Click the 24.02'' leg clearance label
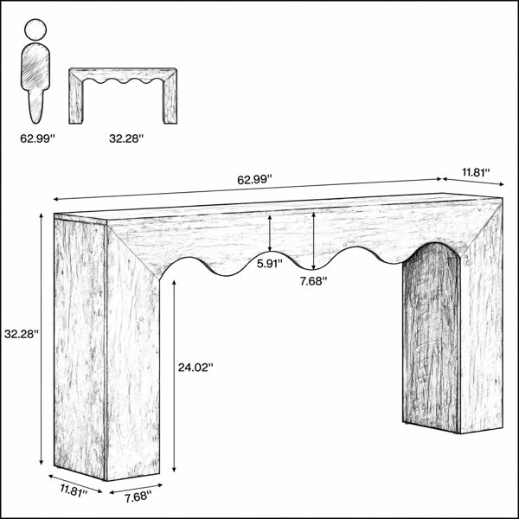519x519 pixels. point(195,368)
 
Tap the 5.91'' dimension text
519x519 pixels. point(270,264)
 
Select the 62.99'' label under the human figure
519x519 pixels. point(37,138)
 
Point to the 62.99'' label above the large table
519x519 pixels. point(254,180)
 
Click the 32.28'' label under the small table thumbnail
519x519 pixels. point(126,138)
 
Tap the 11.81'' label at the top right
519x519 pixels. point(476,172)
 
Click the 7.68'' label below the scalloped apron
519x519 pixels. point(313,281)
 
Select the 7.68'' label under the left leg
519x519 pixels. point(138,497)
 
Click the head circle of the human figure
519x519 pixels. point(35,29)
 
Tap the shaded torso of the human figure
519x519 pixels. point(35,67)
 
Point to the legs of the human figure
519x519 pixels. point(35,106)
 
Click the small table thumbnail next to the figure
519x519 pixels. point(123,96)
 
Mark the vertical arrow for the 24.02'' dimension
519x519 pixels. point(174,375)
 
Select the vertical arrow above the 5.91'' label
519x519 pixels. point(270,233)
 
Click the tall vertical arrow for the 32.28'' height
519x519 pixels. point(41,339)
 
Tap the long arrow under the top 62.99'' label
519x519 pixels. point(247,189)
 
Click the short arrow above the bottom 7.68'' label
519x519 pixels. point(136,489)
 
